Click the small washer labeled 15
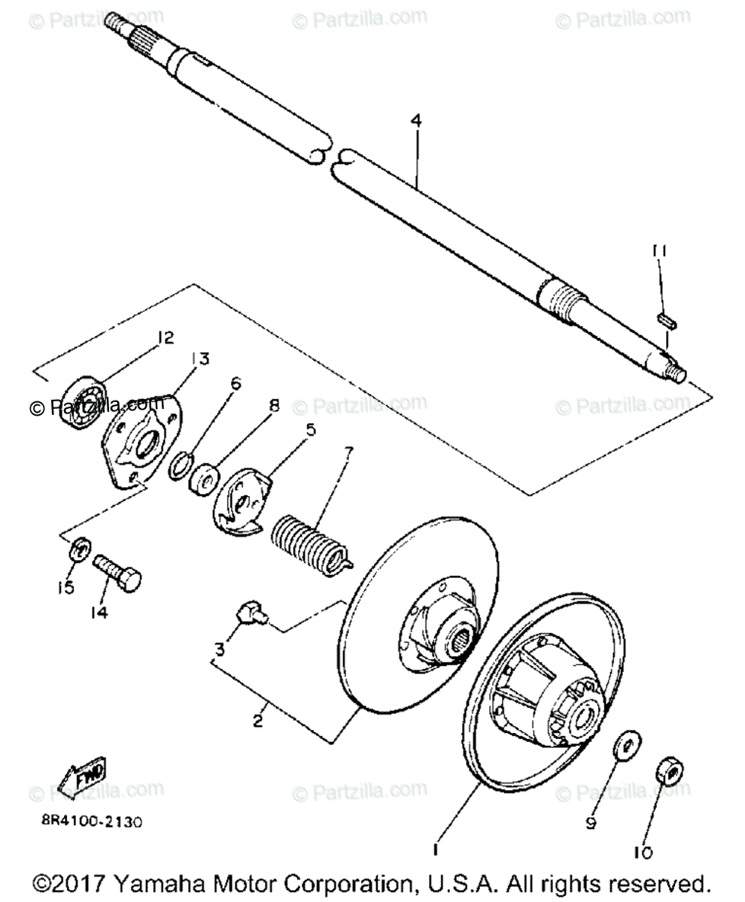pyautogui.click(x=79, y=550)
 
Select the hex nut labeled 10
pyautogui.click(x=666, y=770)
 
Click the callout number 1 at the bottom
pyautogui.click(x=434, y=849)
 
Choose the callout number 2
pyautogui.click(x=257, y=719)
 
